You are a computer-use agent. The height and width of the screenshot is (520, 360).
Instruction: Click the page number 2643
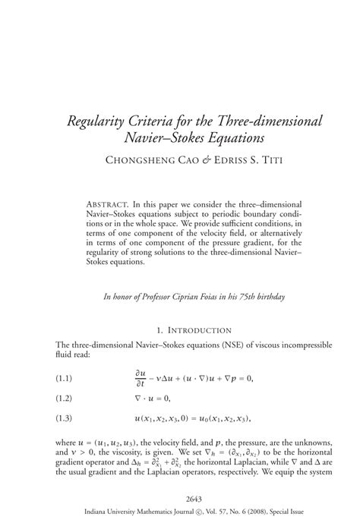tap(180, 498)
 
